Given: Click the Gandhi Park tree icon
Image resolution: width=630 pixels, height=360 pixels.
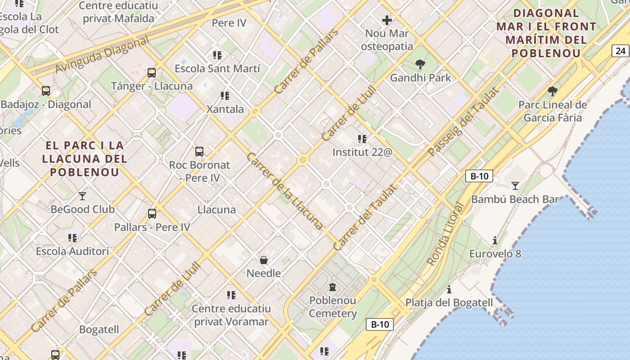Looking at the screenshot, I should point(420,64).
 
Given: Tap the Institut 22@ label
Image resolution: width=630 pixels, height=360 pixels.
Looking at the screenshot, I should point(362,153).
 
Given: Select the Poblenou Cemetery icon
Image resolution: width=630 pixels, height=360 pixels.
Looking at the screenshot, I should point(333,287).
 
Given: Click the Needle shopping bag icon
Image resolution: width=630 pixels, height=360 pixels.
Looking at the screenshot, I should point(264,260).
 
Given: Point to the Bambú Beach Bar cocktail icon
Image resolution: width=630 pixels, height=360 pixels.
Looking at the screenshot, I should point(515,185).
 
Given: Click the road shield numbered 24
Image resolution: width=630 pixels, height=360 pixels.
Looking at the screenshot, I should point(621,51).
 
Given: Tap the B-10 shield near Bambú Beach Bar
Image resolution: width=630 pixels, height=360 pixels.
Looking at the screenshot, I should point(479,176).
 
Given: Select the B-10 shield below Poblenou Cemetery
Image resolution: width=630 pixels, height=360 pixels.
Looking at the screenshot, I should point(380,324).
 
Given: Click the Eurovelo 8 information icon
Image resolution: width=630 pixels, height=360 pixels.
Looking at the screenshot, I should point(495,241).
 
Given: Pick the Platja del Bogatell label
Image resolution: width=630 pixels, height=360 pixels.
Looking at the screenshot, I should point(449,302).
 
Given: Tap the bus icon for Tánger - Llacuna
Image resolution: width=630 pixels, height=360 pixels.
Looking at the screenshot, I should point(152,73).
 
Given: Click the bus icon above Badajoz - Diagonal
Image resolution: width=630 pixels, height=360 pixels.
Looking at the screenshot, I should point(46,91).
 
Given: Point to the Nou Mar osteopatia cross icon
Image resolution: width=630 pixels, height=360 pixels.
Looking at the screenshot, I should point(387,20).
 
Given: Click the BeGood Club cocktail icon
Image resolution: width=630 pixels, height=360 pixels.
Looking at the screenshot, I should point(82,196).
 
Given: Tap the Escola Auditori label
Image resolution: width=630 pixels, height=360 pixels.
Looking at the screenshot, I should point(72,251).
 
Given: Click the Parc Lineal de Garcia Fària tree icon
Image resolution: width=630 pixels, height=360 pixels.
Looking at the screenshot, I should point(553,91).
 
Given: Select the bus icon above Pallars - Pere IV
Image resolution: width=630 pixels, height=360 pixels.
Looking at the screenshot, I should point(152,214).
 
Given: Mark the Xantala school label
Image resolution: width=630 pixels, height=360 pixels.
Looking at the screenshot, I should point(225,109).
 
